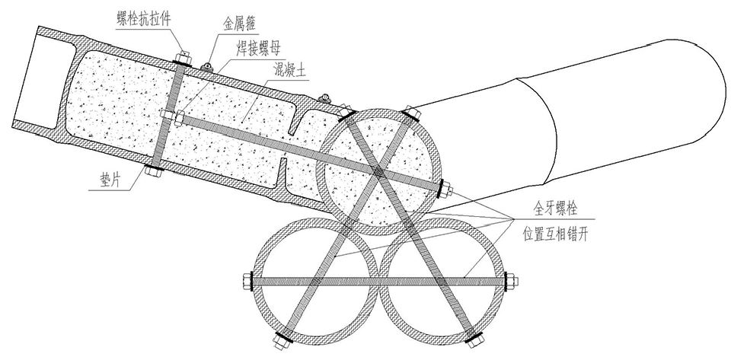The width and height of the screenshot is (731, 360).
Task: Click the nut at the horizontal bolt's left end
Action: pos(247,282)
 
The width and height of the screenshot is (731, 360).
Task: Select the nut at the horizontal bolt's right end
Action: pos(512,282)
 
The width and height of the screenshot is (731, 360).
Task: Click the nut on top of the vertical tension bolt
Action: pos(183,57)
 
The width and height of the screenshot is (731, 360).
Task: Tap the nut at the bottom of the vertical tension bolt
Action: pos(153,171)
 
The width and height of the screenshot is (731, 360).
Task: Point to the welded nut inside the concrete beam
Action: pos(178,118)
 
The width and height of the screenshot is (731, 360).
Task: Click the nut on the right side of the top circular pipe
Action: pos(446,189)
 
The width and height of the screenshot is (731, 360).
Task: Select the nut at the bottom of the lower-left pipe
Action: pos(280,342)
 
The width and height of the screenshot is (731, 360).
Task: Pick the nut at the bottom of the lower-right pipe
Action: pos(474,342)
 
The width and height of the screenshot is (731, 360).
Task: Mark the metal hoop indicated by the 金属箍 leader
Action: pos(207,68)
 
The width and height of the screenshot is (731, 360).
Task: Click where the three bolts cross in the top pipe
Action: pos(378,172)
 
